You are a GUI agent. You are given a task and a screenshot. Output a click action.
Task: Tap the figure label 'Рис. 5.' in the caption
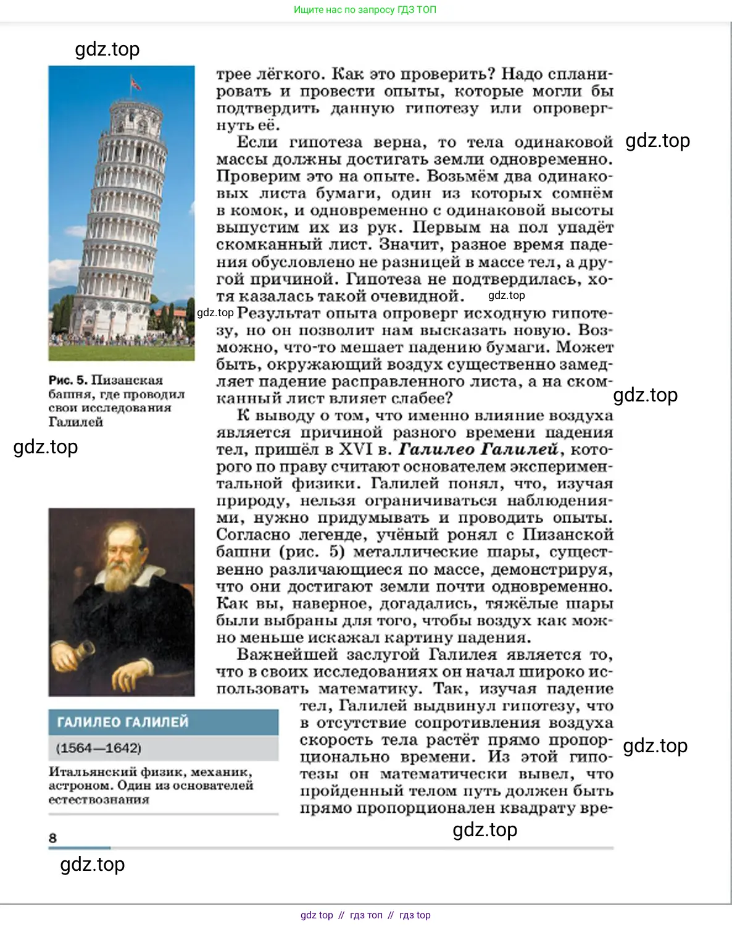pyautogui.click(x=68, y=380)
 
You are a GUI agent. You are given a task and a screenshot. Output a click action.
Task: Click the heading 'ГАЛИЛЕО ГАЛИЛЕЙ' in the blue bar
pyautogui.click(x=122, y=722)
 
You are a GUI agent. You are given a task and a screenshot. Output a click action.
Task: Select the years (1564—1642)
pyautogui.click(x=99, y=748)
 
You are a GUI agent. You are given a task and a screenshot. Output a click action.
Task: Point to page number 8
pyautogui.click(x=52, y=838)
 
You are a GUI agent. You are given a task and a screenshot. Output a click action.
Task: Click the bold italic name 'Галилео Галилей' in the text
pyautogui.click(x=478, y=450)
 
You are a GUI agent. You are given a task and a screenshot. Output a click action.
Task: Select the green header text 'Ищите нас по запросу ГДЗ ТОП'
pyautogui.click(x=365, y=10)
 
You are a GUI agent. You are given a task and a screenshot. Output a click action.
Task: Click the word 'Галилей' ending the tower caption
pyautogui.click(x=76, y=422)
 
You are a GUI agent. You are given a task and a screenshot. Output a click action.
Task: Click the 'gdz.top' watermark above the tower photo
pyautogui.click(x=107, y=49)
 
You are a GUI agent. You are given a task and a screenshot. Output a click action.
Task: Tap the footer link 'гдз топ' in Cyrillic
pyautogui.click(x=366, y=915)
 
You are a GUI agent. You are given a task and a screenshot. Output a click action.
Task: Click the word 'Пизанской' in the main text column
pyautogui.click(x=568, y=535)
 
